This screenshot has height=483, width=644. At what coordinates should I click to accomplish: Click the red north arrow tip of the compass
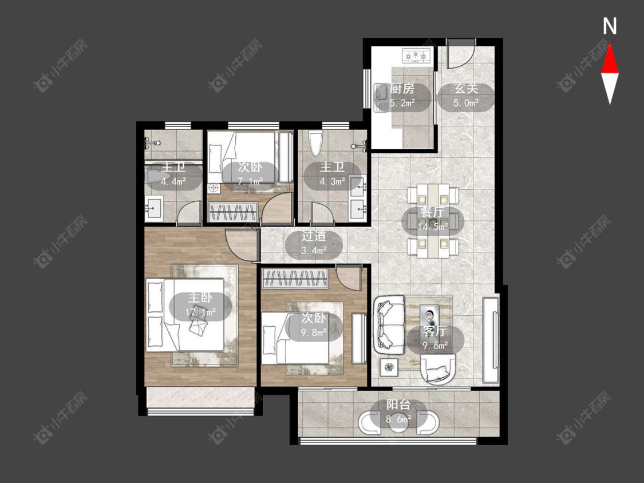tap(610, 45)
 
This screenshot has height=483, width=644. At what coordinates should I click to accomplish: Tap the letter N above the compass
tap(610, 26)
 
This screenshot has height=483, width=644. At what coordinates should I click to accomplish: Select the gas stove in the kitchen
tap(417, 55)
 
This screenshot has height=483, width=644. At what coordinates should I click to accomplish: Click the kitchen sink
tap(381, 98)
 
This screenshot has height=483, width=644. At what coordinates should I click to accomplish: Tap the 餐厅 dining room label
tap(433, 212)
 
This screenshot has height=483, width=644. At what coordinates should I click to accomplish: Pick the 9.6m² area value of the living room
tap(436, 346)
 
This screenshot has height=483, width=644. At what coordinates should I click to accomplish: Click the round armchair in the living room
tap(438, 369)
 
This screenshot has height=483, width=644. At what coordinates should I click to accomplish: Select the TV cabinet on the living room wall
tap(491, 339)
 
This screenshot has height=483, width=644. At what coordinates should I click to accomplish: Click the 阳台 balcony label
tap(398, 405)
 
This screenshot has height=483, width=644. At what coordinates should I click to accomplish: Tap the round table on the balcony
tap(398, 422)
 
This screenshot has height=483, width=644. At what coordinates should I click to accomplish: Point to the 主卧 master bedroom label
tap(200, 298)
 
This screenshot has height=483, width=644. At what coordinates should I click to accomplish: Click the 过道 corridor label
tap(314, 236)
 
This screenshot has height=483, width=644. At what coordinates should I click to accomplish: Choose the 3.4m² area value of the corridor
tap(314, 250)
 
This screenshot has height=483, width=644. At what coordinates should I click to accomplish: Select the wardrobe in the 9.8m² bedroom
tap(295, 279)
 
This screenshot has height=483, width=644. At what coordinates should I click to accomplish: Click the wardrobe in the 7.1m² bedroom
tap(234, 212)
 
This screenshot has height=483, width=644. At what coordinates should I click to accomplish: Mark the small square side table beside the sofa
tap(389, 366)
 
